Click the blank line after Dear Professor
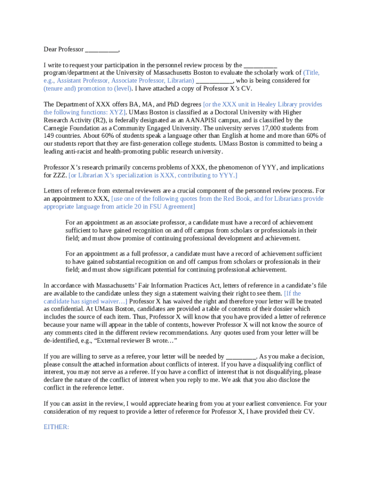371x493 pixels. (102, 50)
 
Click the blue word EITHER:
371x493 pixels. (56, 426)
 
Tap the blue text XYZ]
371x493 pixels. (115, 112)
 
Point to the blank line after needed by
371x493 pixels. (241, 356)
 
